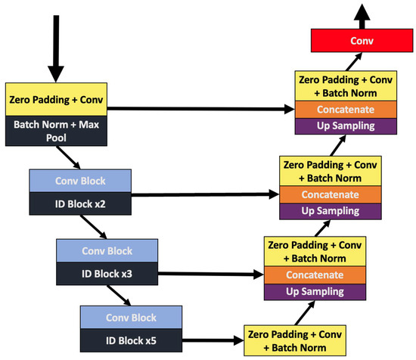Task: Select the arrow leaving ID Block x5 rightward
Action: click(x=212, y=341)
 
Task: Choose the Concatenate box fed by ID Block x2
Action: click(x=330, y=194)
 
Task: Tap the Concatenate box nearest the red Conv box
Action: click(x=345, y=109)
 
